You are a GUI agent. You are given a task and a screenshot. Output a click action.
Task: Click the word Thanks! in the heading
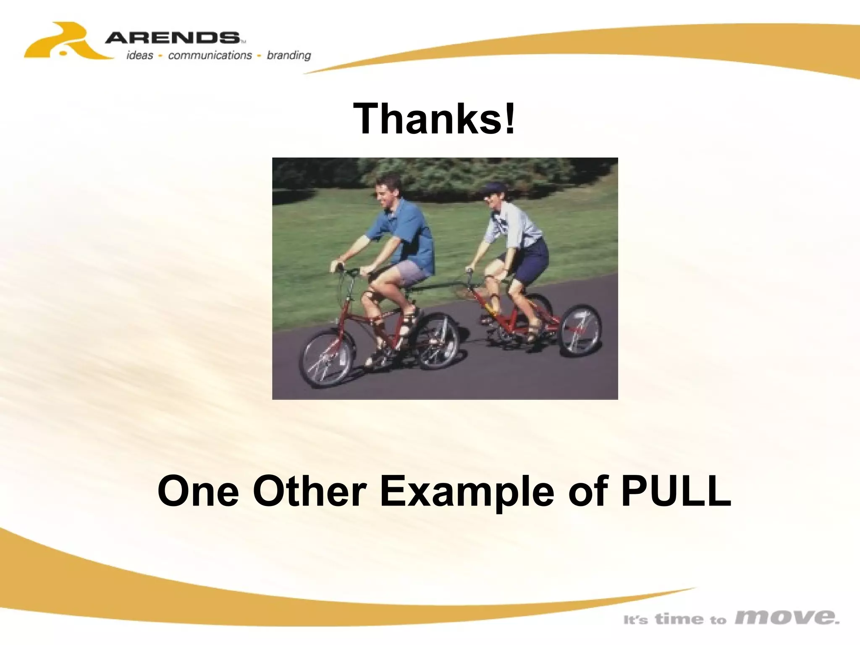point(434,119)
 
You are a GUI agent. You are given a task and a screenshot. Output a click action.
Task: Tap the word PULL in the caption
point(676,491)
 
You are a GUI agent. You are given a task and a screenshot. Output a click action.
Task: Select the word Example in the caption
point(467,492)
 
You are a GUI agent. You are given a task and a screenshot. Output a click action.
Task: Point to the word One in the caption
point(198,491)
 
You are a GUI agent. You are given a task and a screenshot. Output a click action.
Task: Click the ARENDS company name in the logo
point(172,38)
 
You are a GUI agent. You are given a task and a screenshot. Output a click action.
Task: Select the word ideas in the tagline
point(140,55)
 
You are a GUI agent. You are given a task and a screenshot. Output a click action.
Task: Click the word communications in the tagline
point(210,55)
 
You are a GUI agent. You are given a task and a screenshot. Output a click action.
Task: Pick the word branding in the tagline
point(289,55)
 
